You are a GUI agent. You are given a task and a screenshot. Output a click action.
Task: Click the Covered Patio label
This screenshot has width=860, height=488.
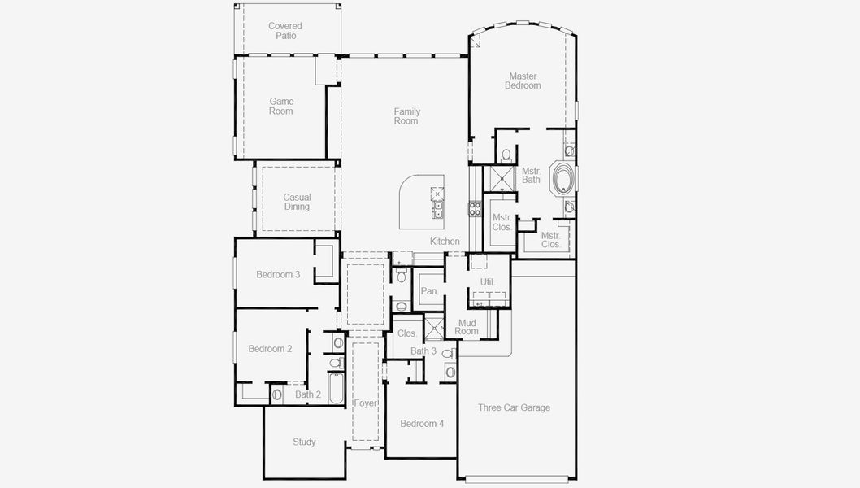pos(285,31)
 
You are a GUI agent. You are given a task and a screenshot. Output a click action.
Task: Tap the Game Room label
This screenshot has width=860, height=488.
pos(281,107)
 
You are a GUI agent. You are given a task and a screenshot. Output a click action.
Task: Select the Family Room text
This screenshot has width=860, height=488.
pos(406,116)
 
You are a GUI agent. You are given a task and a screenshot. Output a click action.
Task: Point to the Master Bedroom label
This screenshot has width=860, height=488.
pos(523,81)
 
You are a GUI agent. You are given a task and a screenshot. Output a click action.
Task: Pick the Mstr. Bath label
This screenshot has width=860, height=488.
pos(531,175)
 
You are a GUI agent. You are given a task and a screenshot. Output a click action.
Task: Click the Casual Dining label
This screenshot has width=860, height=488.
pos(297,202)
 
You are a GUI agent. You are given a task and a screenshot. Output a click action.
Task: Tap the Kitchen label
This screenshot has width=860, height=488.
pos(445,242)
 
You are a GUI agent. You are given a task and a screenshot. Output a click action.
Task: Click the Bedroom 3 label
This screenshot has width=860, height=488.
pos(278,275)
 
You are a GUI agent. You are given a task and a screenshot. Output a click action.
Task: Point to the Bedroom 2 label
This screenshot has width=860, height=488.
pos(270,349)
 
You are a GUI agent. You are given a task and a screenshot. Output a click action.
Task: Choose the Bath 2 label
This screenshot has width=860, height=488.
pos(308,395)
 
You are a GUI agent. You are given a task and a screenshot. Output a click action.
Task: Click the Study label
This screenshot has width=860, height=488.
pos(304,442)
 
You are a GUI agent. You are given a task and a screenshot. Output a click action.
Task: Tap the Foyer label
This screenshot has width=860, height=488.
pos(365,403)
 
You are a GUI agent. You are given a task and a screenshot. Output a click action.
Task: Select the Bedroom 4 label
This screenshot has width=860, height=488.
pos(422,424)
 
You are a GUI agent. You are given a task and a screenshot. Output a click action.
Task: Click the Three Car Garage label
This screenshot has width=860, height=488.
pos(514,408)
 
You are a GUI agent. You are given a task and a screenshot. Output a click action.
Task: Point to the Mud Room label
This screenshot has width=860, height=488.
pos(467,327)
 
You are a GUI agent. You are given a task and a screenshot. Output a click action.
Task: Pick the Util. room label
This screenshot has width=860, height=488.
pos(487,282)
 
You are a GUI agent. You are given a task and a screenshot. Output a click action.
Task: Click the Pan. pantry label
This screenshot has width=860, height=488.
pos(429,291)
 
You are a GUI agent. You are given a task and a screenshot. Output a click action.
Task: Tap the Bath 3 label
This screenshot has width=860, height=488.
pos(423,351)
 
